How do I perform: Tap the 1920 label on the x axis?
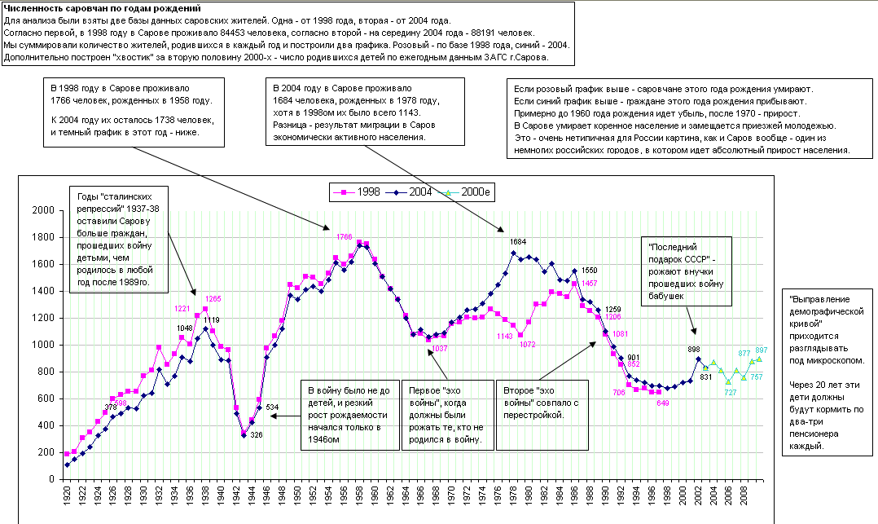[x=66, y=495]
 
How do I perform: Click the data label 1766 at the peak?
[x=345, y=236]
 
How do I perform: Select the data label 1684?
[x=519, y=242]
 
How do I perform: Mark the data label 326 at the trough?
[x=256, y=435]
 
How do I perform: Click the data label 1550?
[x=590, y=270]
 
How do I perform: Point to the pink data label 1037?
[x=440, y=349]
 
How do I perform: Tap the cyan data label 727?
[x=730, y=393]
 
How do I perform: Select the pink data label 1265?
[x=214, y=298]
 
